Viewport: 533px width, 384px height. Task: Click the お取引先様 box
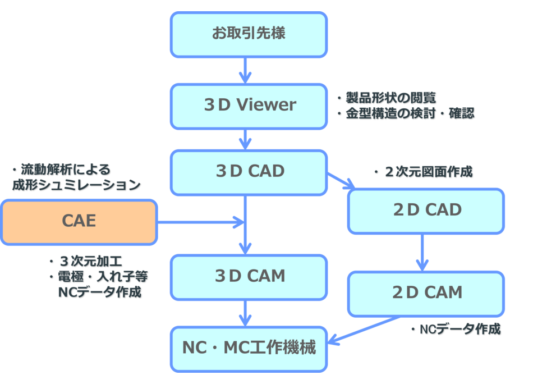click(249, 34)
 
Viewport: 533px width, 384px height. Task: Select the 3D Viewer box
click(249, 106)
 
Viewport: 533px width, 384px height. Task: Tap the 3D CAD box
click(249, 171)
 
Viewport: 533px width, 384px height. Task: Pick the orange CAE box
click(79, 222)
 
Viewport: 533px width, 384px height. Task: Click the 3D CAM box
click(249, 276)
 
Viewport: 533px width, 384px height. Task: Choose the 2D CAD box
click(426, 211)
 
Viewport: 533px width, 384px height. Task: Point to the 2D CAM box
click(426, 293)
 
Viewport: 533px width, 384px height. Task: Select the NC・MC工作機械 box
click(249, 349)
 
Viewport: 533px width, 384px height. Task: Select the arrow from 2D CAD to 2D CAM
click(422, 252)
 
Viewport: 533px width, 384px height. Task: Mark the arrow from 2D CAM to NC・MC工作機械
click(365, 330)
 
